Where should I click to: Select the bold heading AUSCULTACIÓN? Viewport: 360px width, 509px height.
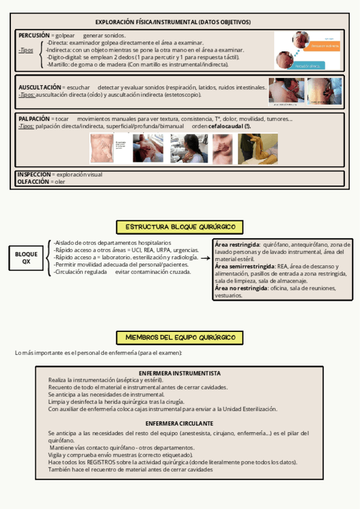pos(40,88)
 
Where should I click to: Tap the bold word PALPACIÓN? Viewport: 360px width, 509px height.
pos(34,119)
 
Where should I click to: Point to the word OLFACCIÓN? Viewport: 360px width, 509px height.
pos(33,181)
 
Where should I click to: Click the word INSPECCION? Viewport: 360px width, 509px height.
pos(34,175)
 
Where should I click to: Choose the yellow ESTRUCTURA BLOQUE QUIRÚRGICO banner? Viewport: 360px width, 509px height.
pos(180,227)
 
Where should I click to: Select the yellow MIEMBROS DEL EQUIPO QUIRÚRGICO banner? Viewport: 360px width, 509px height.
pos(180,337)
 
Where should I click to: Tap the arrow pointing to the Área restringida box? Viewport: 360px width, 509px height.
pos(205,258)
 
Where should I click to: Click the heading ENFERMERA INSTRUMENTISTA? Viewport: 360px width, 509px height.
pos(179,373)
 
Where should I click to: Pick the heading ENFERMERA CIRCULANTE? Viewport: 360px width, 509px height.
pos(179,423)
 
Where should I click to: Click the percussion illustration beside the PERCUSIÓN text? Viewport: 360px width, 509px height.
pos(307,51)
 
